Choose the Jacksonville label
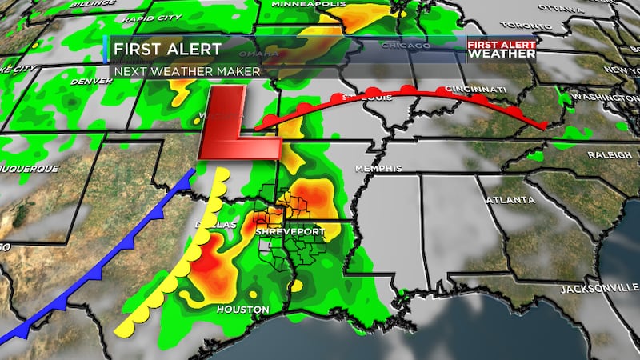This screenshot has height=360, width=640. pyautogui.click(x=598, y=288)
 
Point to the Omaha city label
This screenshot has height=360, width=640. pyautogui.click(x=266, y=54)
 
